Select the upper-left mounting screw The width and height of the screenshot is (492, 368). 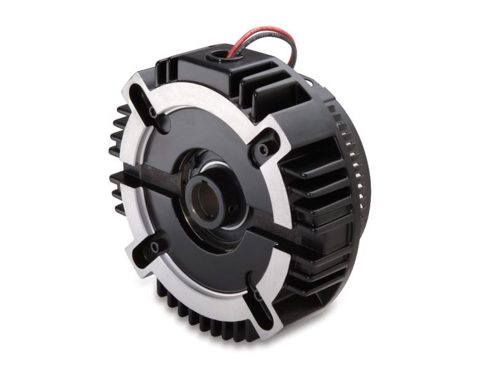tap(153, 113)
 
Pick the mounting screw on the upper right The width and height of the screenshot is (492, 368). tap(264, 149)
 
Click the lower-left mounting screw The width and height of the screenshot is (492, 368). tap(154, 246)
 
